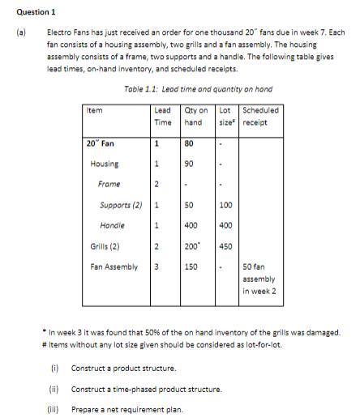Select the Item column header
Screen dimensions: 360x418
96,111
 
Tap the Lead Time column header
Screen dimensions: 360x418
162,116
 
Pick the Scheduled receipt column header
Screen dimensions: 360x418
261,116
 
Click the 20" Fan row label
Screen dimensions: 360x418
101,143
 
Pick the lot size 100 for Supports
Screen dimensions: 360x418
226,204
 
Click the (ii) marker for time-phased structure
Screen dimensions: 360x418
55,389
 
